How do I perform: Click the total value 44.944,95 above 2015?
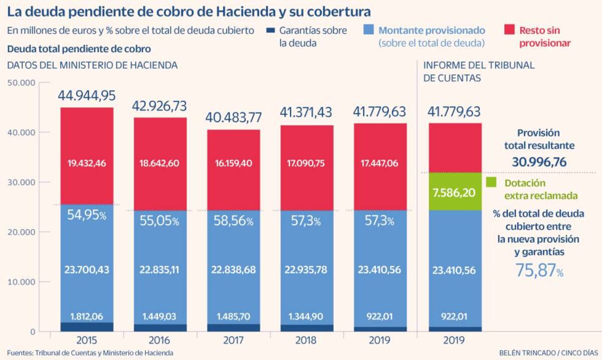coord(87,96)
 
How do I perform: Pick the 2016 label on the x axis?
coord(161,340)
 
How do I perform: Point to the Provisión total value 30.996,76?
coord(539,162)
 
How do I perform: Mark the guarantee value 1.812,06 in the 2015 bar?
coord(87,316)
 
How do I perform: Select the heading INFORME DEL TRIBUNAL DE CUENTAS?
coord(479,71)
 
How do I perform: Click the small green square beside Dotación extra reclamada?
coord(491,183)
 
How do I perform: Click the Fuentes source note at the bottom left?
coord(90,352)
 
